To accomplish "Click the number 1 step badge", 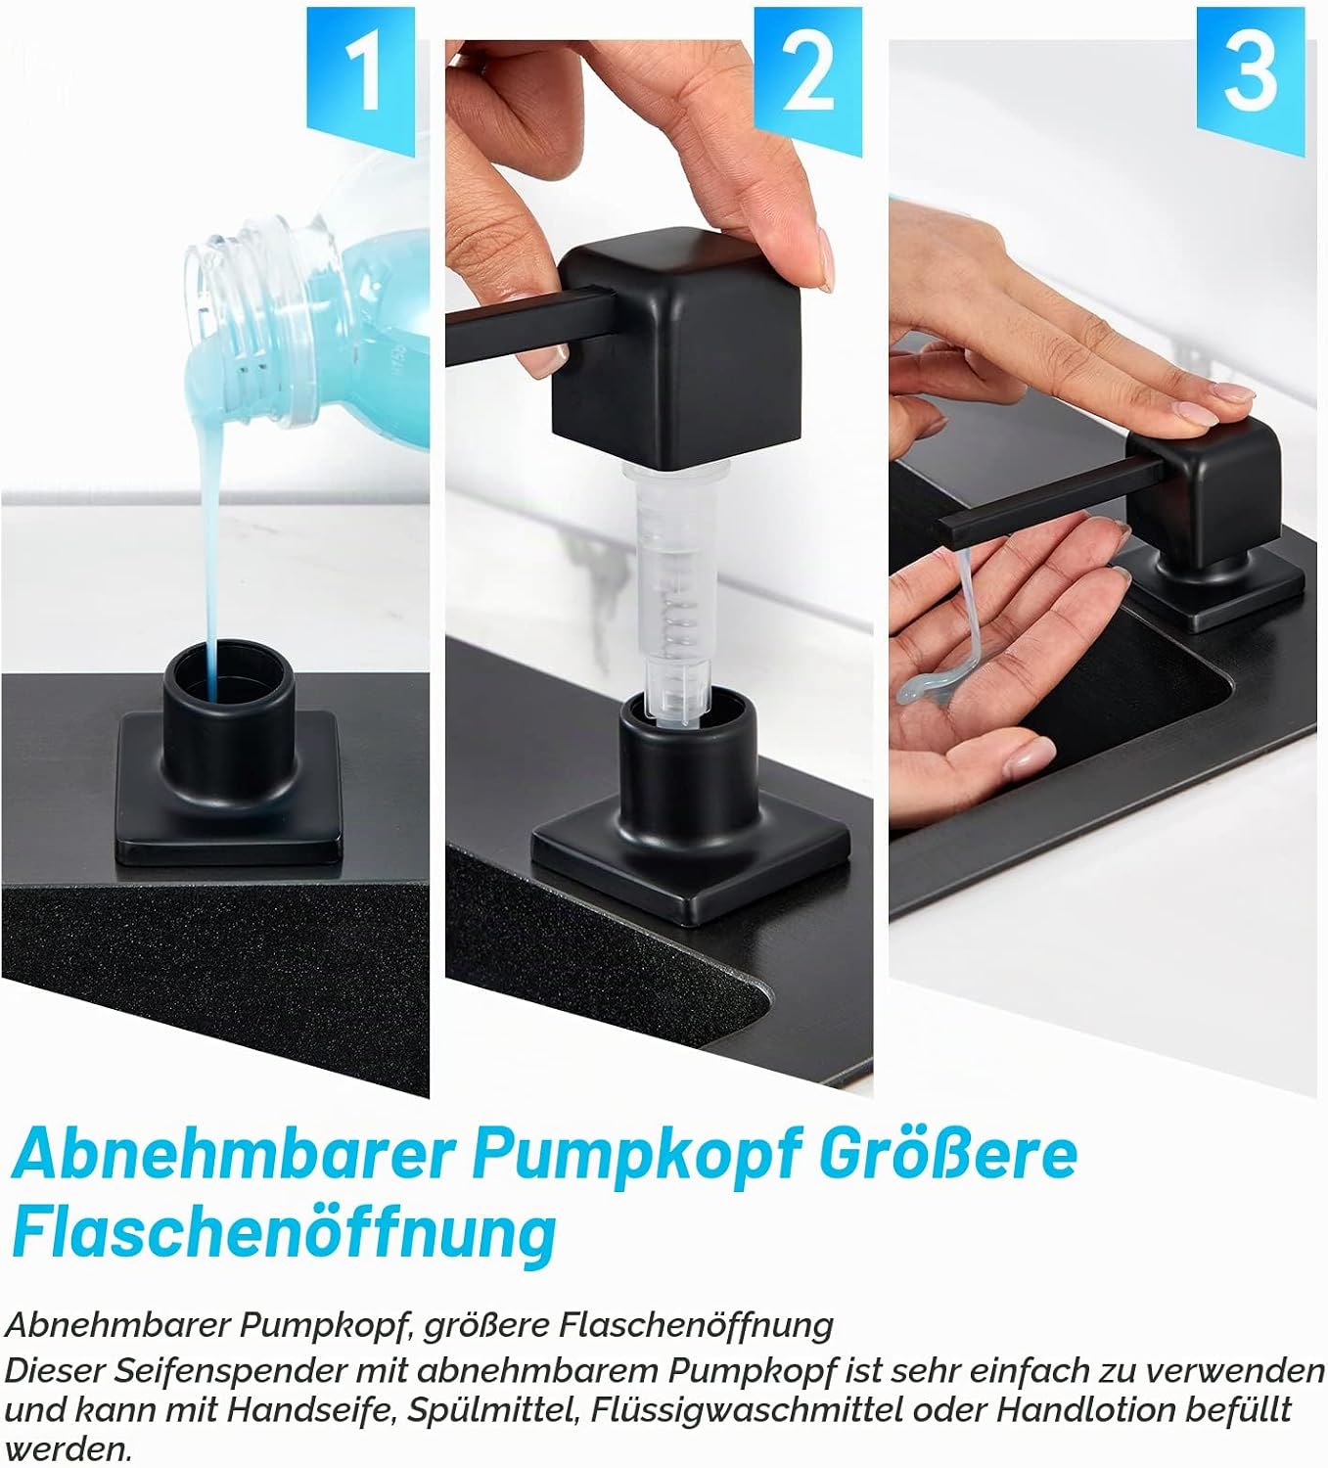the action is pos(360,77).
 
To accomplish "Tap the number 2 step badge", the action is pos(807,77).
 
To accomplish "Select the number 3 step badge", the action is pos(1251,77).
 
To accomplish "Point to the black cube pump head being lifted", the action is pos(677,347).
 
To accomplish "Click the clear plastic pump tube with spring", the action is pos(677,593).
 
